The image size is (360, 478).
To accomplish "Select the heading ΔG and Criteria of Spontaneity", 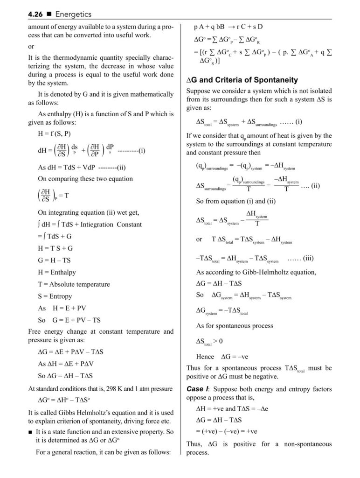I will coord(242,80).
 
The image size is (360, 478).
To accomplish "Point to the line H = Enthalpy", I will coord(56,272).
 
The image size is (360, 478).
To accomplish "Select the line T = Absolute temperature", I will coord(74,284).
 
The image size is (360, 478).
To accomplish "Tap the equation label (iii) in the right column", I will coord(310,258).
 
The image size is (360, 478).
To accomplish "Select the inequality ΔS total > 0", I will coord(209,341).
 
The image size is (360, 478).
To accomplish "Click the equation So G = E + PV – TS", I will coord(69,320).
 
